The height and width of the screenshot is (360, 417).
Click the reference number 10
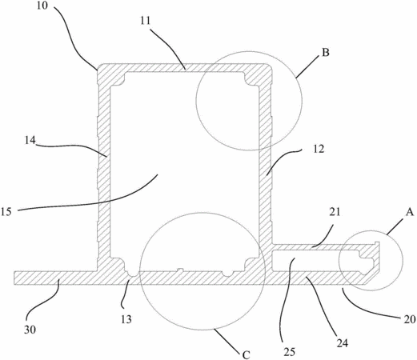(42, 6)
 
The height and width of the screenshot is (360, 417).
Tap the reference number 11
(146, 21)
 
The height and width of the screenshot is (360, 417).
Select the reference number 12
(319, 149)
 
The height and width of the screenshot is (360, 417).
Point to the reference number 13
(126, 319)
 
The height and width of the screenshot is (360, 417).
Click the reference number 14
(30, 140)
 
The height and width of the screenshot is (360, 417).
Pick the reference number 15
(6, 212)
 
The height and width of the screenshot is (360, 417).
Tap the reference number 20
(410, 319)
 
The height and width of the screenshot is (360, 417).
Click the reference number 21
(335, 212)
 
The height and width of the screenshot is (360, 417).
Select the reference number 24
(343, 343)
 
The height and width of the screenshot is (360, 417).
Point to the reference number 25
(290, 352)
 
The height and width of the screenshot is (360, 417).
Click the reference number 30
(30, 330)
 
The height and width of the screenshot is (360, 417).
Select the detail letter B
(326, 53)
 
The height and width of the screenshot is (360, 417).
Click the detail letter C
(246, 355)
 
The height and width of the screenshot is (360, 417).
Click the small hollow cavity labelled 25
(315, 260)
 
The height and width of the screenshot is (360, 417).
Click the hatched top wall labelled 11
(184, 67)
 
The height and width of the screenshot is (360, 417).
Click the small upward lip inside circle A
(377, 244)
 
